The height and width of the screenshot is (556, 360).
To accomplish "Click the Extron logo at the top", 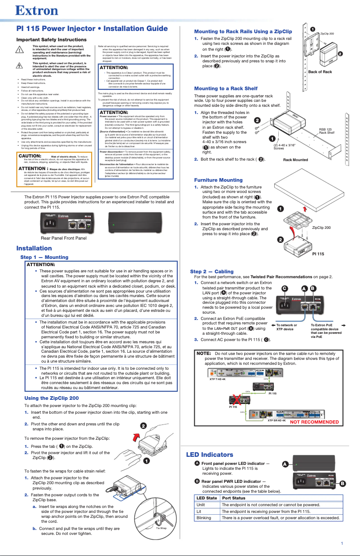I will point(33,10).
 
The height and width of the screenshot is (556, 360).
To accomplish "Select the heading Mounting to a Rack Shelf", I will point(225,88).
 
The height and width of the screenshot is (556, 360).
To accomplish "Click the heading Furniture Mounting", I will point(218,179).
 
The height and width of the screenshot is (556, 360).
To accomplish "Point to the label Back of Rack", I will point(320,72).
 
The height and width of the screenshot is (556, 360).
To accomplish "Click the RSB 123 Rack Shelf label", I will point(326,131).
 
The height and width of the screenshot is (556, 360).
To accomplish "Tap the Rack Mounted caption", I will point(296,160).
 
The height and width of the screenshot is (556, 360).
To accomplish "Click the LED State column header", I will point(206,498).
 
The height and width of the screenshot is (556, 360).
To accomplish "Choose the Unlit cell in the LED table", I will point(201,504).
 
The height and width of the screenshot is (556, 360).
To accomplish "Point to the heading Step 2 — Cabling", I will point(212,271).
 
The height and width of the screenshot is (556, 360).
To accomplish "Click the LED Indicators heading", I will point(210,455).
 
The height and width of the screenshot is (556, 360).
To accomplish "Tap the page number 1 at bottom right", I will point(342,544).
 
